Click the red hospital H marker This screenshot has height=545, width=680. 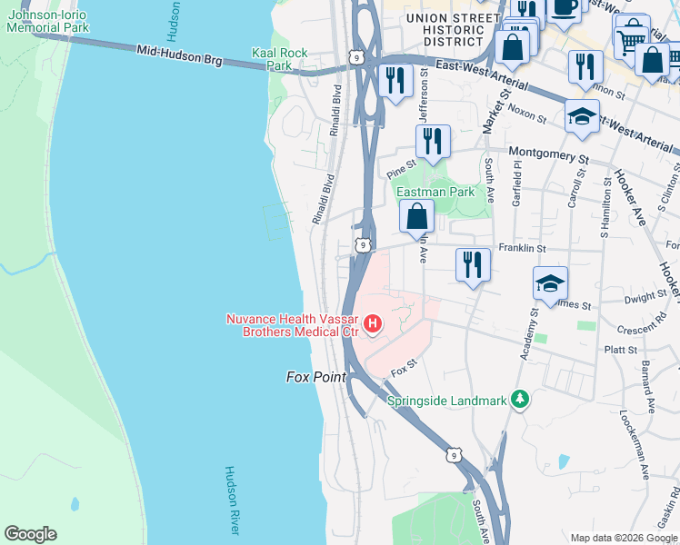click(371, 323)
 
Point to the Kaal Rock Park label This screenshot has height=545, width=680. click(273, 59)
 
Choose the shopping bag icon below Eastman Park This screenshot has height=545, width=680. click(417, 217)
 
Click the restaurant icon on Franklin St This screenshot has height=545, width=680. click(472, 264)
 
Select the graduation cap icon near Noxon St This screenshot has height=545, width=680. click(582, 116)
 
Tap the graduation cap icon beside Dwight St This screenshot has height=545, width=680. click(550, 283)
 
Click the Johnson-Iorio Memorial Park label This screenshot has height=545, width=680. click(47, 21)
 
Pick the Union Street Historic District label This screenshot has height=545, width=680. click(445, 29)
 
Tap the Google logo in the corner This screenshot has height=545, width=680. click(30, 534)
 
